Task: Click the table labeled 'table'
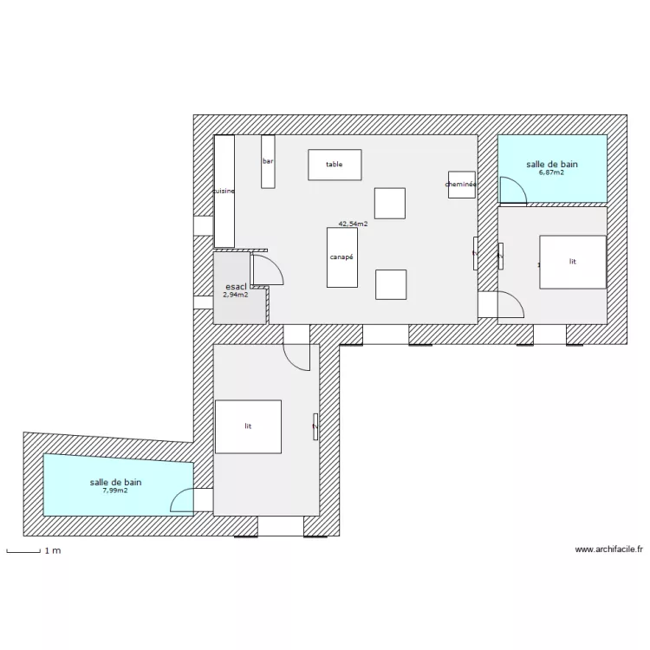coord(335,165)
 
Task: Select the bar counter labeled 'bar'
coord(268,161)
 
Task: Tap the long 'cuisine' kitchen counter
coord(224,192)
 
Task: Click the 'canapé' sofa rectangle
coord(341,257)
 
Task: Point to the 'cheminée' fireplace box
coord(461,185)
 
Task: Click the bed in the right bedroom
coord(572,262)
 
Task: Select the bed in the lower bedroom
coord(248,426)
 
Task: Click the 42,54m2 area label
coord(353,224)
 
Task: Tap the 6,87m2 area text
coord(551,172)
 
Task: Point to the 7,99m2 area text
coord(115,491)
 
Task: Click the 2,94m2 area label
coord(235,295)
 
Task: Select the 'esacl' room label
coord(236,287)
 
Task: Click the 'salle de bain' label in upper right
coord(552,164)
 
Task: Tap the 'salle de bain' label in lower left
coord(116,482)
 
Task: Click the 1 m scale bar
coord(23,551)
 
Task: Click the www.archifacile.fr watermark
coord(609,549)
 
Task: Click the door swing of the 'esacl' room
coord(268,270)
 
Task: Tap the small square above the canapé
coord(390,203)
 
